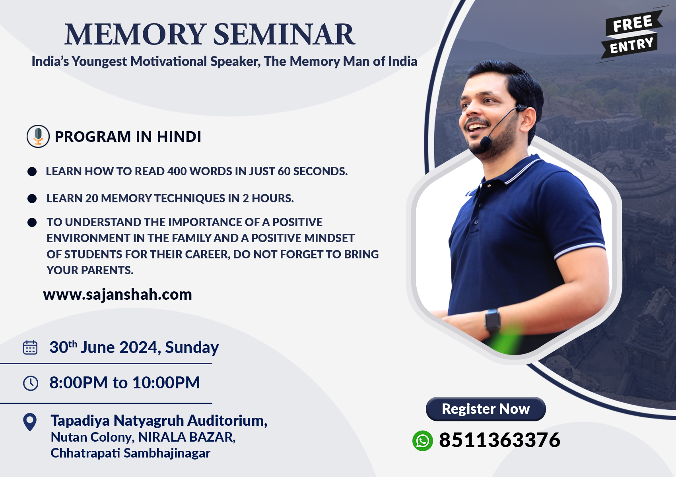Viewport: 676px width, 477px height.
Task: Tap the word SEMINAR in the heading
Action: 284,34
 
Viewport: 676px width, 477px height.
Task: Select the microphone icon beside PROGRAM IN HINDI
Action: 38,136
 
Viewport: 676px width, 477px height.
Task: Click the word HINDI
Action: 179,137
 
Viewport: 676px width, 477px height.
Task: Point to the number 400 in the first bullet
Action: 177,171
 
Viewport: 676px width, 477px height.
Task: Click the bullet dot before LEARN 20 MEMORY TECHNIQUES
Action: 32,198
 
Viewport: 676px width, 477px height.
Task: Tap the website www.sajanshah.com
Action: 118,295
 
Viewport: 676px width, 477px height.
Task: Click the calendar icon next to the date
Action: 30,347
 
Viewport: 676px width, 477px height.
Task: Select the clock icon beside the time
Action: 31,383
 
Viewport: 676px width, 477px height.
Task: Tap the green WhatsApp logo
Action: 422,441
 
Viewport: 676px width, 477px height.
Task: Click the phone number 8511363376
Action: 499,440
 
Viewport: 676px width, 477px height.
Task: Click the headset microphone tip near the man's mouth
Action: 485,142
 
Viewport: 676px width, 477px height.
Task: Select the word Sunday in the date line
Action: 192,347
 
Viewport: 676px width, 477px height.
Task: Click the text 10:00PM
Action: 166,382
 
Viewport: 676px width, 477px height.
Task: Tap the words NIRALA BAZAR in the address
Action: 187,437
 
